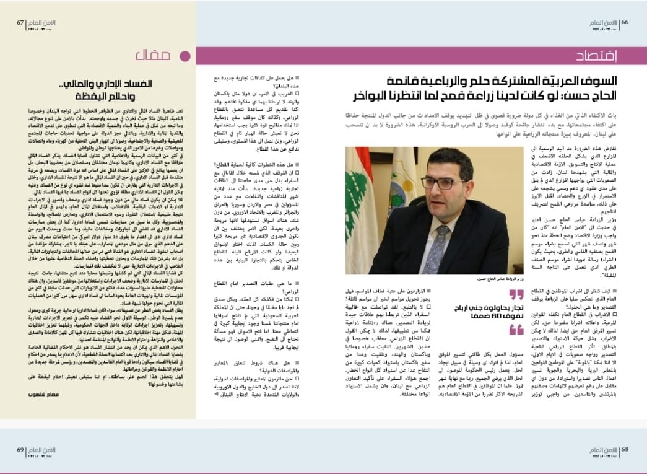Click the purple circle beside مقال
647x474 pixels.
(x=183, y=56)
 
